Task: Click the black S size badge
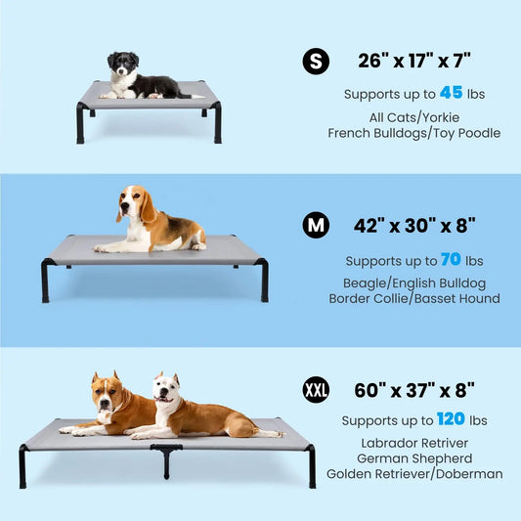(x=315, y=63)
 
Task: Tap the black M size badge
(x=315, y=226)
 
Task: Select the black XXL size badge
(x=315, y=391)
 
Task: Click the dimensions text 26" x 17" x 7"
(x=414, y=62)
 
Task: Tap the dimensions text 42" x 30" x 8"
(x=414, y=226)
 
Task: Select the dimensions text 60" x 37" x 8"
(x=414, y=391)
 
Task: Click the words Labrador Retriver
(x=414, y=441)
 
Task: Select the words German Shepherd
(x=414, y=457)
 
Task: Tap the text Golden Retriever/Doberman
(x=414, y=474)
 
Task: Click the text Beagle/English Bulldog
(x=414, y=282)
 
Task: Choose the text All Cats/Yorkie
(x=414, y=116)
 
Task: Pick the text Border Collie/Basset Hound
(x=414, y=298)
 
